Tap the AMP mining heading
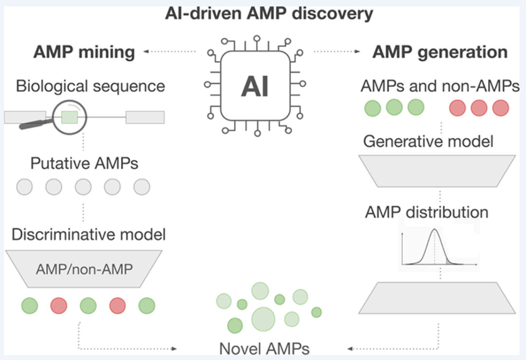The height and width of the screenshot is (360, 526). [x=84, y=52]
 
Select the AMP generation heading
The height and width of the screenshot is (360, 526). [x=440, y=52]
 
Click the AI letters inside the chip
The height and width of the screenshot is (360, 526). [x=255, y=86]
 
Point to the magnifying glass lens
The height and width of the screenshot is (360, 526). [x=70, y=117]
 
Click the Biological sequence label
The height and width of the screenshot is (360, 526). [x=91, y=86]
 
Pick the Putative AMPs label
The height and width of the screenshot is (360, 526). [x=84, y=163]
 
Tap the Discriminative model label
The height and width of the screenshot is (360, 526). [x=89, y=234]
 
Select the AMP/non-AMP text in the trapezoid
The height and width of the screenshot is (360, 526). [x=84, y=269]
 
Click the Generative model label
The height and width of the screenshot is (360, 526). [x=429, y=141]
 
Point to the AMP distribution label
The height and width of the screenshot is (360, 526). [x=427, y=212]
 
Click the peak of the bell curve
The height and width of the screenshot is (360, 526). [x=434, y=229]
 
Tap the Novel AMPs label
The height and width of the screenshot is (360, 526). [x=264, y=349]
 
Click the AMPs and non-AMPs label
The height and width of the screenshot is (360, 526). [x=440, y=86]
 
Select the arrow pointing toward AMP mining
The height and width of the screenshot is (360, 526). [x=170, y=52]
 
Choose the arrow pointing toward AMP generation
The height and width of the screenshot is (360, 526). [x=337, y=52]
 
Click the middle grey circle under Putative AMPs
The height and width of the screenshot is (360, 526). [x=83, y=187]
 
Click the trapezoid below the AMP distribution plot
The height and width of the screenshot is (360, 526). [x=437, y=298]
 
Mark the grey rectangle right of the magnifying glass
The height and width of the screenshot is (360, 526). [x=145, y=117]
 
